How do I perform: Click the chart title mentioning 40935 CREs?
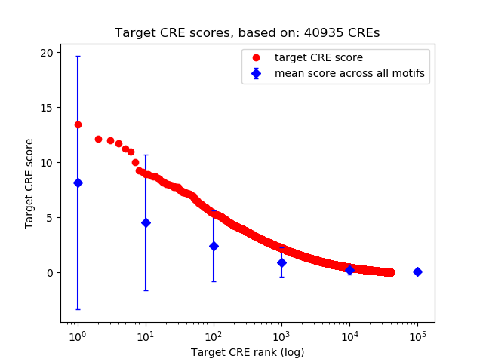click(x=247, y=33)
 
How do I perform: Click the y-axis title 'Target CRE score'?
click(x=29, y=183)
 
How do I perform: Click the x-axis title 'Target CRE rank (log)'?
click(x=247, y=352)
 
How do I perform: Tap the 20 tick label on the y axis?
click(x=47, y=52)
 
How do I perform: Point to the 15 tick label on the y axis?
click(x=47, y=107)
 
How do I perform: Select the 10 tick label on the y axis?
click(x=47, y=162)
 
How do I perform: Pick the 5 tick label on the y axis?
click(x=50, y=217)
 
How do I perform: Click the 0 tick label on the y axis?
click(x=50, y=272)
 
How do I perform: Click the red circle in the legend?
click(x=257, y=57)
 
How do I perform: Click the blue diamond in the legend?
click(x=257, y=73)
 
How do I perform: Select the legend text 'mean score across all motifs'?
click(x=349, y=73)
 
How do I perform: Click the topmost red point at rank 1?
click(x=78, y=124)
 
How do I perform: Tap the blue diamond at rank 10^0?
click(x=78, y=183)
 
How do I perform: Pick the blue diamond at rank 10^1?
click(x=146, y=222)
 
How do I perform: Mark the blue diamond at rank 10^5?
click(x=417, y=271)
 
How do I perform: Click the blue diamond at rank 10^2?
click(x=214, y=246)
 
